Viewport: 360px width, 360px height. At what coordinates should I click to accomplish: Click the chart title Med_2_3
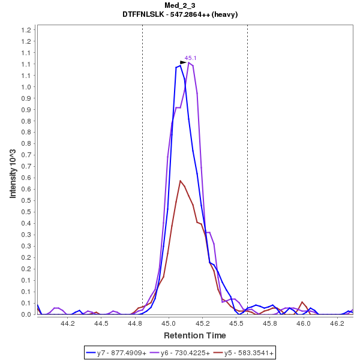180,5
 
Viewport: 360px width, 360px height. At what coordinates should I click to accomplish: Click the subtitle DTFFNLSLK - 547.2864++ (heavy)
180,14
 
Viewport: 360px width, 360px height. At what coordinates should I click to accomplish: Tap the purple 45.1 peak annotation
191,58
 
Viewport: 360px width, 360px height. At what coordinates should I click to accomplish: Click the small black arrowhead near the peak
184,62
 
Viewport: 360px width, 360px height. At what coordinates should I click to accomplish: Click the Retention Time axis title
195,335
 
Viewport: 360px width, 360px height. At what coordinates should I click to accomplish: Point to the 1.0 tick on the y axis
26,86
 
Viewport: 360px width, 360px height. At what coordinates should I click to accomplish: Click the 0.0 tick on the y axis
26,314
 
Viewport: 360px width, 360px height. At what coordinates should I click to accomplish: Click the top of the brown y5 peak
180,180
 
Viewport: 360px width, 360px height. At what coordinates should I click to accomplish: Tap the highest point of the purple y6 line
188,62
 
